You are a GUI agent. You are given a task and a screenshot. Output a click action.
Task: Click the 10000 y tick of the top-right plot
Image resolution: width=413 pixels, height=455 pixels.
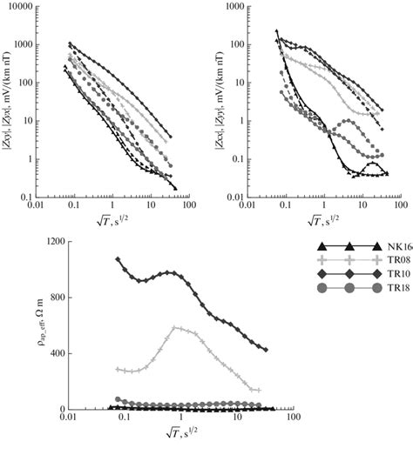pos(234,7)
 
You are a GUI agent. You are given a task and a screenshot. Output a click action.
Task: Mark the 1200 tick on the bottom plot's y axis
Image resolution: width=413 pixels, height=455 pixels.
pos(50,239)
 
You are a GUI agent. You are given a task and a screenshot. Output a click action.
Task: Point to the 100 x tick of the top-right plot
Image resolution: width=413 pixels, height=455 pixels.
pos(398,203)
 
